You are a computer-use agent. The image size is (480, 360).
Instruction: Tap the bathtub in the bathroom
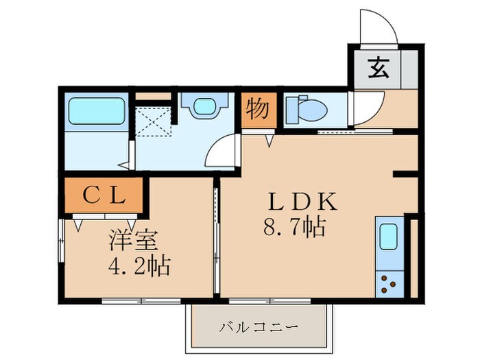click(96, 111)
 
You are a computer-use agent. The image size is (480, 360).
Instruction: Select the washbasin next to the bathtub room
click(203, 107)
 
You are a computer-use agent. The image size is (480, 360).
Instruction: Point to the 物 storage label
click(258, 110)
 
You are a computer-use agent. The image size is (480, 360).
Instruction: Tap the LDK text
click(302, 202)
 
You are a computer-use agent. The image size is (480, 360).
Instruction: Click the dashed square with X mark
click(154, 125)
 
